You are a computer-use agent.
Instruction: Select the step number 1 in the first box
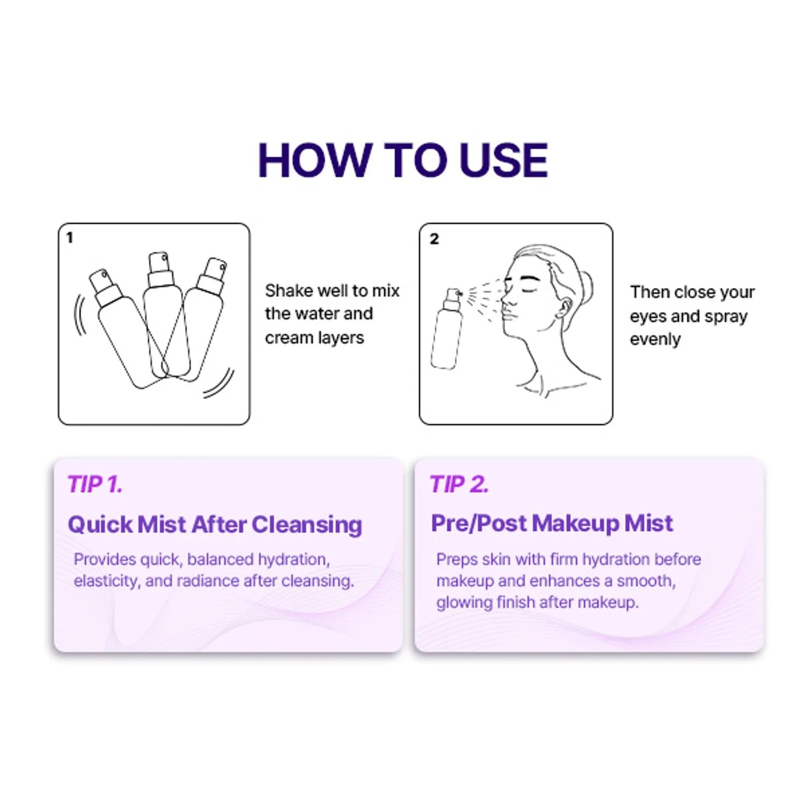(x=69, y=237)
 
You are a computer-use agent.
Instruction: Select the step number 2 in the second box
(x=434, y=239)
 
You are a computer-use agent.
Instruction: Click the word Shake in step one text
(x=289, y=290)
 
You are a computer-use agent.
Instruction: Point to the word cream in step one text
(x=289, y=338)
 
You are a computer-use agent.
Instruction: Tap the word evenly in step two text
(x=655, y=340)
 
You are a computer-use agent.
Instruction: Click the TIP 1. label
(x=95, y=484)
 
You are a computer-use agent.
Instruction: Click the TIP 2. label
(x=459, y=484)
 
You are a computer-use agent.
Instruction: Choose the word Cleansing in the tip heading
(x=307, y=525)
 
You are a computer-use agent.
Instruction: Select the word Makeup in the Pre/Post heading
(x=574, y=523)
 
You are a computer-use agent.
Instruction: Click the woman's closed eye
(x=530, y=290)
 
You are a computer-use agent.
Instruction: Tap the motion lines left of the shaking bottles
(x=80, y=315)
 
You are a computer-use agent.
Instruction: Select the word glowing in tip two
(x=464, y=603)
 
